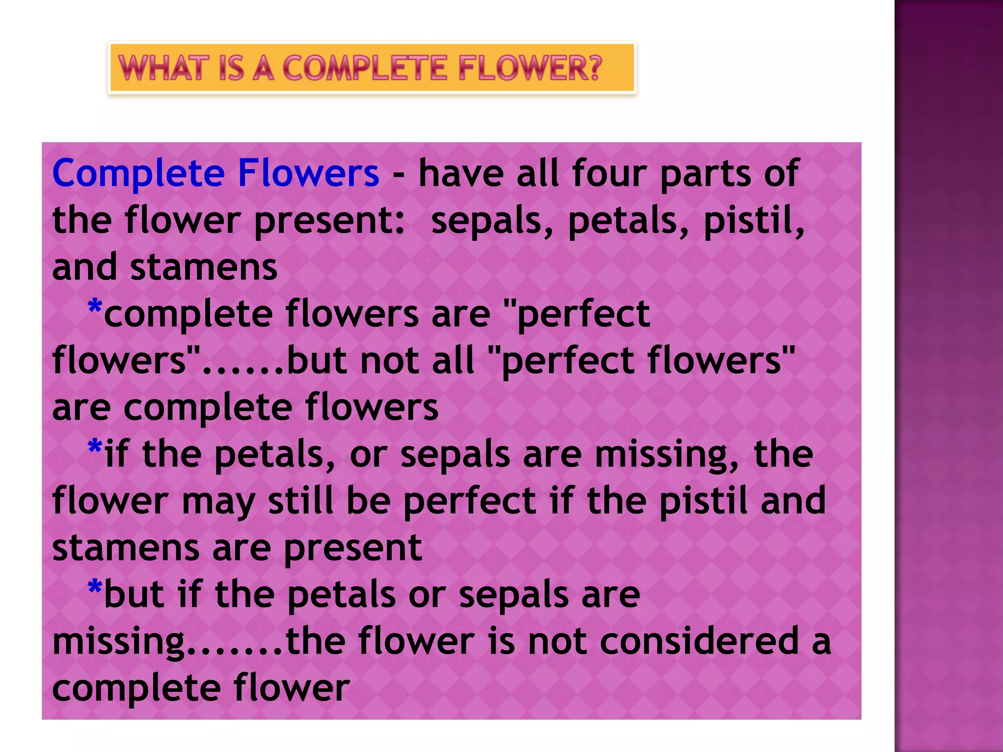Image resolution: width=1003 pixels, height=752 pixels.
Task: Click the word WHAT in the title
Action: coord(161,68)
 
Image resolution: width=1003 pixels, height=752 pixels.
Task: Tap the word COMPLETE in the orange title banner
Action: coord(365,68)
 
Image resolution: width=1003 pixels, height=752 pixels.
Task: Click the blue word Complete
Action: coord(139,174)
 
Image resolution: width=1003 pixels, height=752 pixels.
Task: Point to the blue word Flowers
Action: coord(308,173)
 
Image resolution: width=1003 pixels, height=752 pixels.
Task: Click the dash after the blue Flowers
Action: coord(399,174)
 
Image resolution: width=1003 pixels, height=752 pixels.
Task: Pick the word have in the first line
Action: coord(461,173)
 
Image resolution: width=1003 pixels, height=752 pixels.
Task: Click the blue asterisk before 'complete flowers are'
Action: coord(95,308)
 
